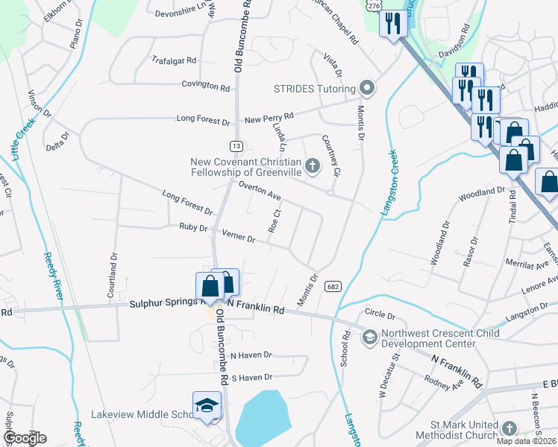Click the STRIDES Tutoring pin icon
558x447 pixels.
click(366, 89)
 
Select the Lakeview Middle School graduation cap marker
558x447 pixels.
click(207, 405)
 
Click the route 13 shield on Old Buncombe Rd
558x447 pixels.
click(236, 146)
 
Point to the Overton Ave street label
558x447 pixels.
click(259, 192)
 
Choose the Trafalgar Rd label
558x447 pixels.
click(173, 60)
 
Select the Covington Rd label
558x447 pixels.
click(205, 86)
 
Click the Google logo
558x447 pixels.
click(25, 438)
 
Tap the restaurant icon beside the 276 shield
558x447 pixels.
click(390, 24)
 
